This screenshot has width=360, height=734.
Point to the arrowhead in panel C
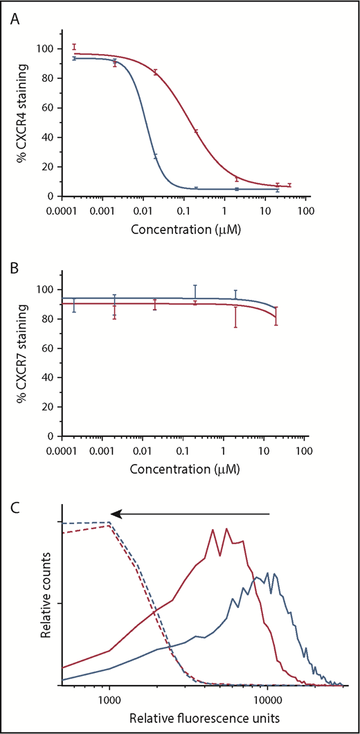(x=118, y=514)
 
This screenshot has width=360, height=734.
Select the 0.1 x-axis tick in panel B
(x=183, y=449)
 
